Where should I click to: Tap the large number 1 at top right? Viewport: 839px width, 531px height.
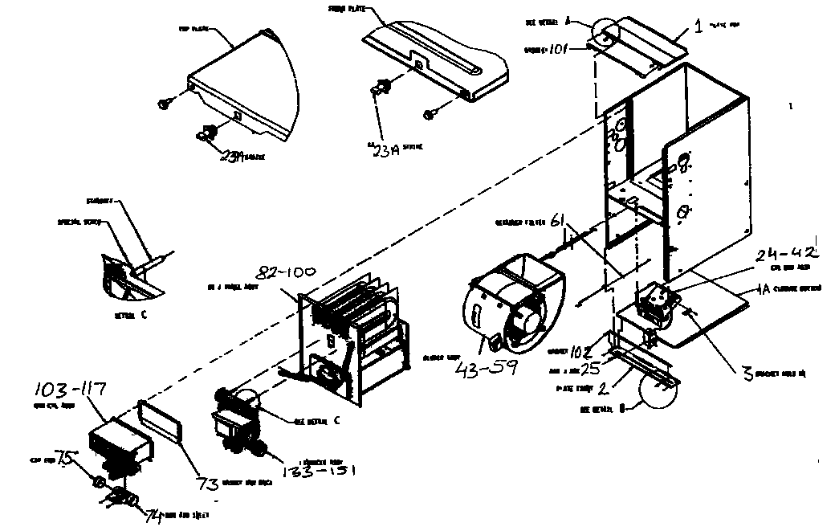click(x=699, y=26)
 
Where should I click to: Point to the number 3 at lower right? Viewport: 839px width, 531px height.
click(x=746, y=371)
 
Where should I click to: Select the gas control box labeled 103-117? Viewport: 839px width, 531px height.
click(x=118, y=441)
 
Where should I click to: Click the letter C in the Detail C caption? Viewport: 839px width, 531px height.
click(x=144, y=315)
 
